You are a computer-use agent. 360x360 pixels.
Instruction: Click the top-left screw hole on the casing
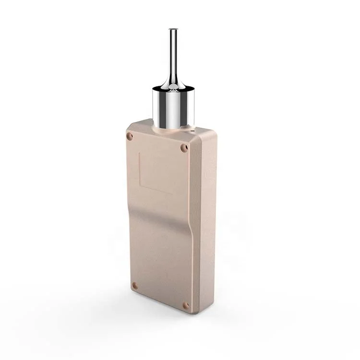pyautogui.click(x=130, y=136)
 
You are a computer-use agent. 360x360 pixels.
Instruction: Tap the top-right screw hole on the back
pyautogui.click(x=184, y=148)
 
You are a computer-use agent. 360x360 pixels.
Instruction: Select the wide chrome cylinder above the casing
pyautogui.click(x=173, y=108)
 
